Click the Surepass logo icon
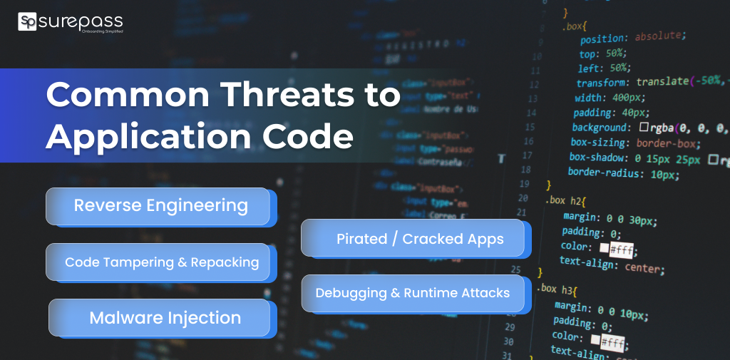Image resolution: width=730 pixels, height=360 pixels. click(x=27, y=22)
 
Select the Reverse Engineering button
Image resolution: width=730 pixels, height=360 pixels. click(x=160, y=206)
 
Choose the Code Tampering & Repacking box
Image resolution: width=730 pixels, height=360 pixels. click(x=161, y=262)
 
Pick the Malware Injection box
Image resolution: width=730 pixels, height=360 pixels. click(x=164, y=318)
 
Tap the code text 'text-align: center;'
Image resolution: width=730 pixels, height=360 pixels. click(x=611, y=264)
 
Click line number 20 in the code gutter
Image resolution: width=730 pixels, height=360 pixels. click(x=524, y=197)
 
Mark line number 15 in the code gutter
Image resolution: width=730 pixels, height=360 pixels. click(x=528, y=126)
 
